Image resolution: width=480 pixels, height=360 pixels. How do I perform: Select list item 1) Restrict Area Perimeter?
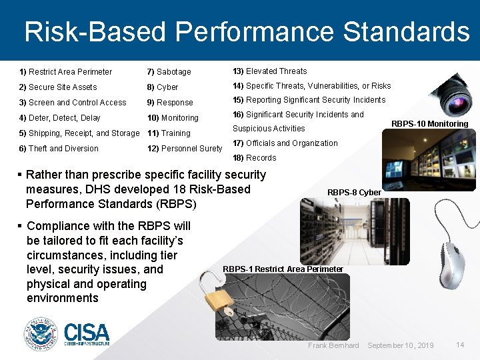(66, 72)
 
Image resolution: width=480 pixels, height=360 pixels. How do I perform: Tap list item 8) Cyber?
(163, 87)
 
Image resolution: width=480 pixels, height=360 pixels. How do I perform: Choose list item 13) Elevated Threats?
(269, 71)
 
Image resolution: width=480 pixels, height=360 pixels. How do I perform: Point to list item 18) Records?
(254, 158)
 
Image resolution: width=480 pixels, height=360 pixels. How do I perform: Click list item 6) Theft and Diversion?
(59, 149)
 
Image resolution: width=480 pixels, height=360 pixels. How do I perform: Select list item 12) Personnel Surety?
(185, 149)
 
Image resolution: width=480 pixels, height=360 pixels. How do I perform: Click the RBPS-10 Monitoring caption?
(429, 124)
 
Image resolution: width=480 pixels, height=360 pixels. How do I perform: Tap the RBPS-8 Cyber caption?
(354, 193)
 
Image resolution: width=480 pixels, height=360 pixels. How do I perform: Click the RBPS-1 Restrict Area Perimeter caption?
(283, 269)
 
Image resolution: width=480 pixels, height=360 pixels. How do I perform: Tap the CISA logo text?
(87, 333)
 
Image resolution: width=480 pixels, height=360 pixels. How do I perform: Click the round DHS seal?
(41, 334)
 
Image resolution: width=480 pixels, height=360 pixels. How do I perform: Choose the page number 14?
(460, 345)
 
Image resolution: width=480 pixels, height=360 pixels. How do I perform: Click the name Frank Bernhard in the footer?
(333, 345)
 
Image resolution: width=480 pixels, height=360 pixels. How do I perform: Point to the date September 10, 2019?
(400, 345)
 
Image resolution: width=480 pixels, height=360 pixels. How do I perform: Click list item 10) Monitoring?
(173, 118)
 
